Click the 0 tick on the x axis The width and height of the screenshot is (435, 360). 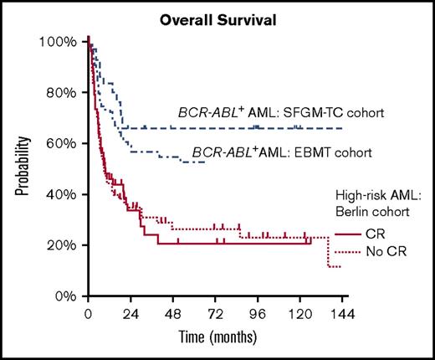click(88, 315)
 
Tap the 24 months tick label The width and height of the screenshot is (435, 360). click(130, 315)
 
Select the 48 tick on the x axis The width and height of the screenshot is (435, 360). click(173, 315)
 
